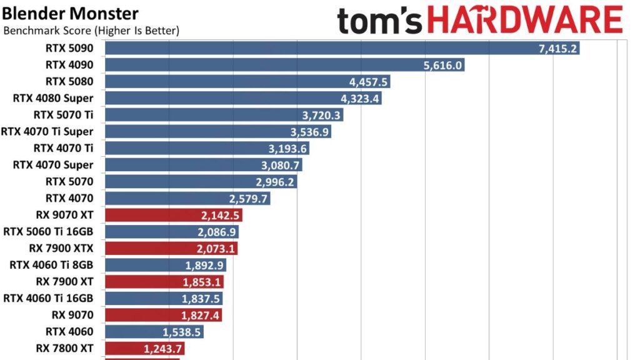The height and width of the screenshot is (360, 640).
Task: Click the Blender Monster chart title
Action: tap(70, 14)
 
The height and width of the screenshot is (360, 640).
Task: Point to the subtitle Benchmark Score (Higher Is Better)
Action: tap(92, 31)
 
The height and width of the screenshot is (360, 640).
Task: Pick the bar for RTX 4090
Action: tap(262, 65)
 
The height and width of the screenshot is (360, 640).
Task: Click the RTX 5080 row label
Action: tap(69, 81)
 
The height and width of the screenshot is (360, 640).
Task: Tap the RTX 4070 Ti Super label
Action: tap(47, 131)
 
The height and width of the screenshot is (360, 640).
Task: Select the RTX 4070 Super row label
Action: tap(53, 165)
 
